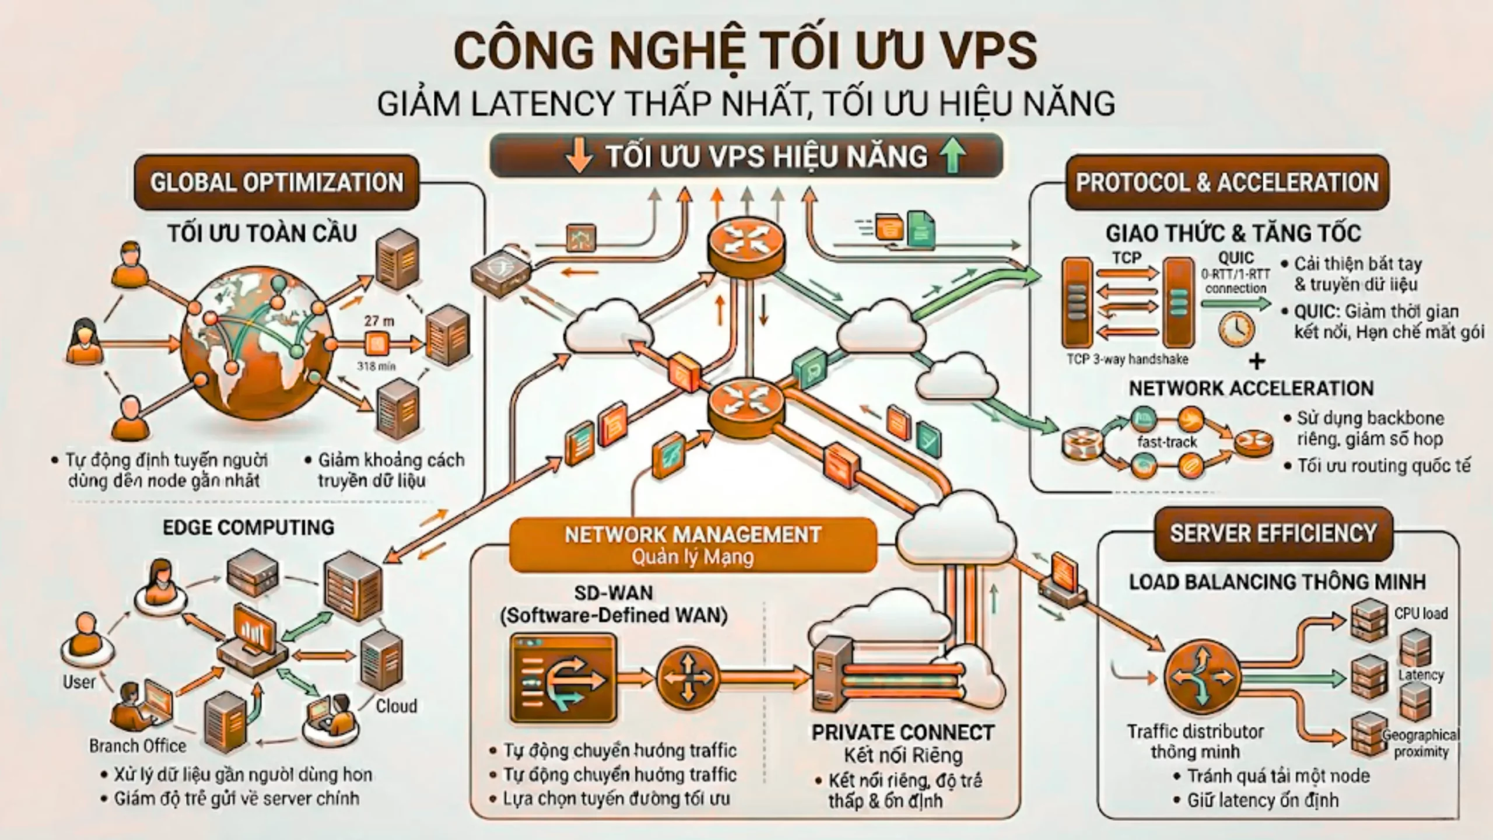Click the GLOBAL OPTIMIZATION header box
pos(276,183)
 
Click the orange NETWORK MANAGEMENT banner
pos(693,544)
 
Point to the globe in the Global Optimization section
pos(257,344)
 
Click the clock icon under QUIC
pos(1236,330)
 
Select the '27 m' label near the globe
pos(379,321)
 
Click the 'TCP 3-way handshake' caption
pos(1127,359)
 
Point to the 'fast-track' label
pos(1166,442)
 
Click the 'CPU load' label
pos(1421,614)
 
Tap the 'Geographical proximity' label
pos(1421,743)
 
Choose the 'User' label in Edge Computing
pos(79,682)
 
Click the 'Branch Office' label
pos(138,745)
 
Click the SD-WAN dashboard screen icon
pos(563,678)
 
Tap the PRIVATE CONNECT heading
pos(903,733)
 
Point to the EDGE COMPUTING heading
pos(248,527)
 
